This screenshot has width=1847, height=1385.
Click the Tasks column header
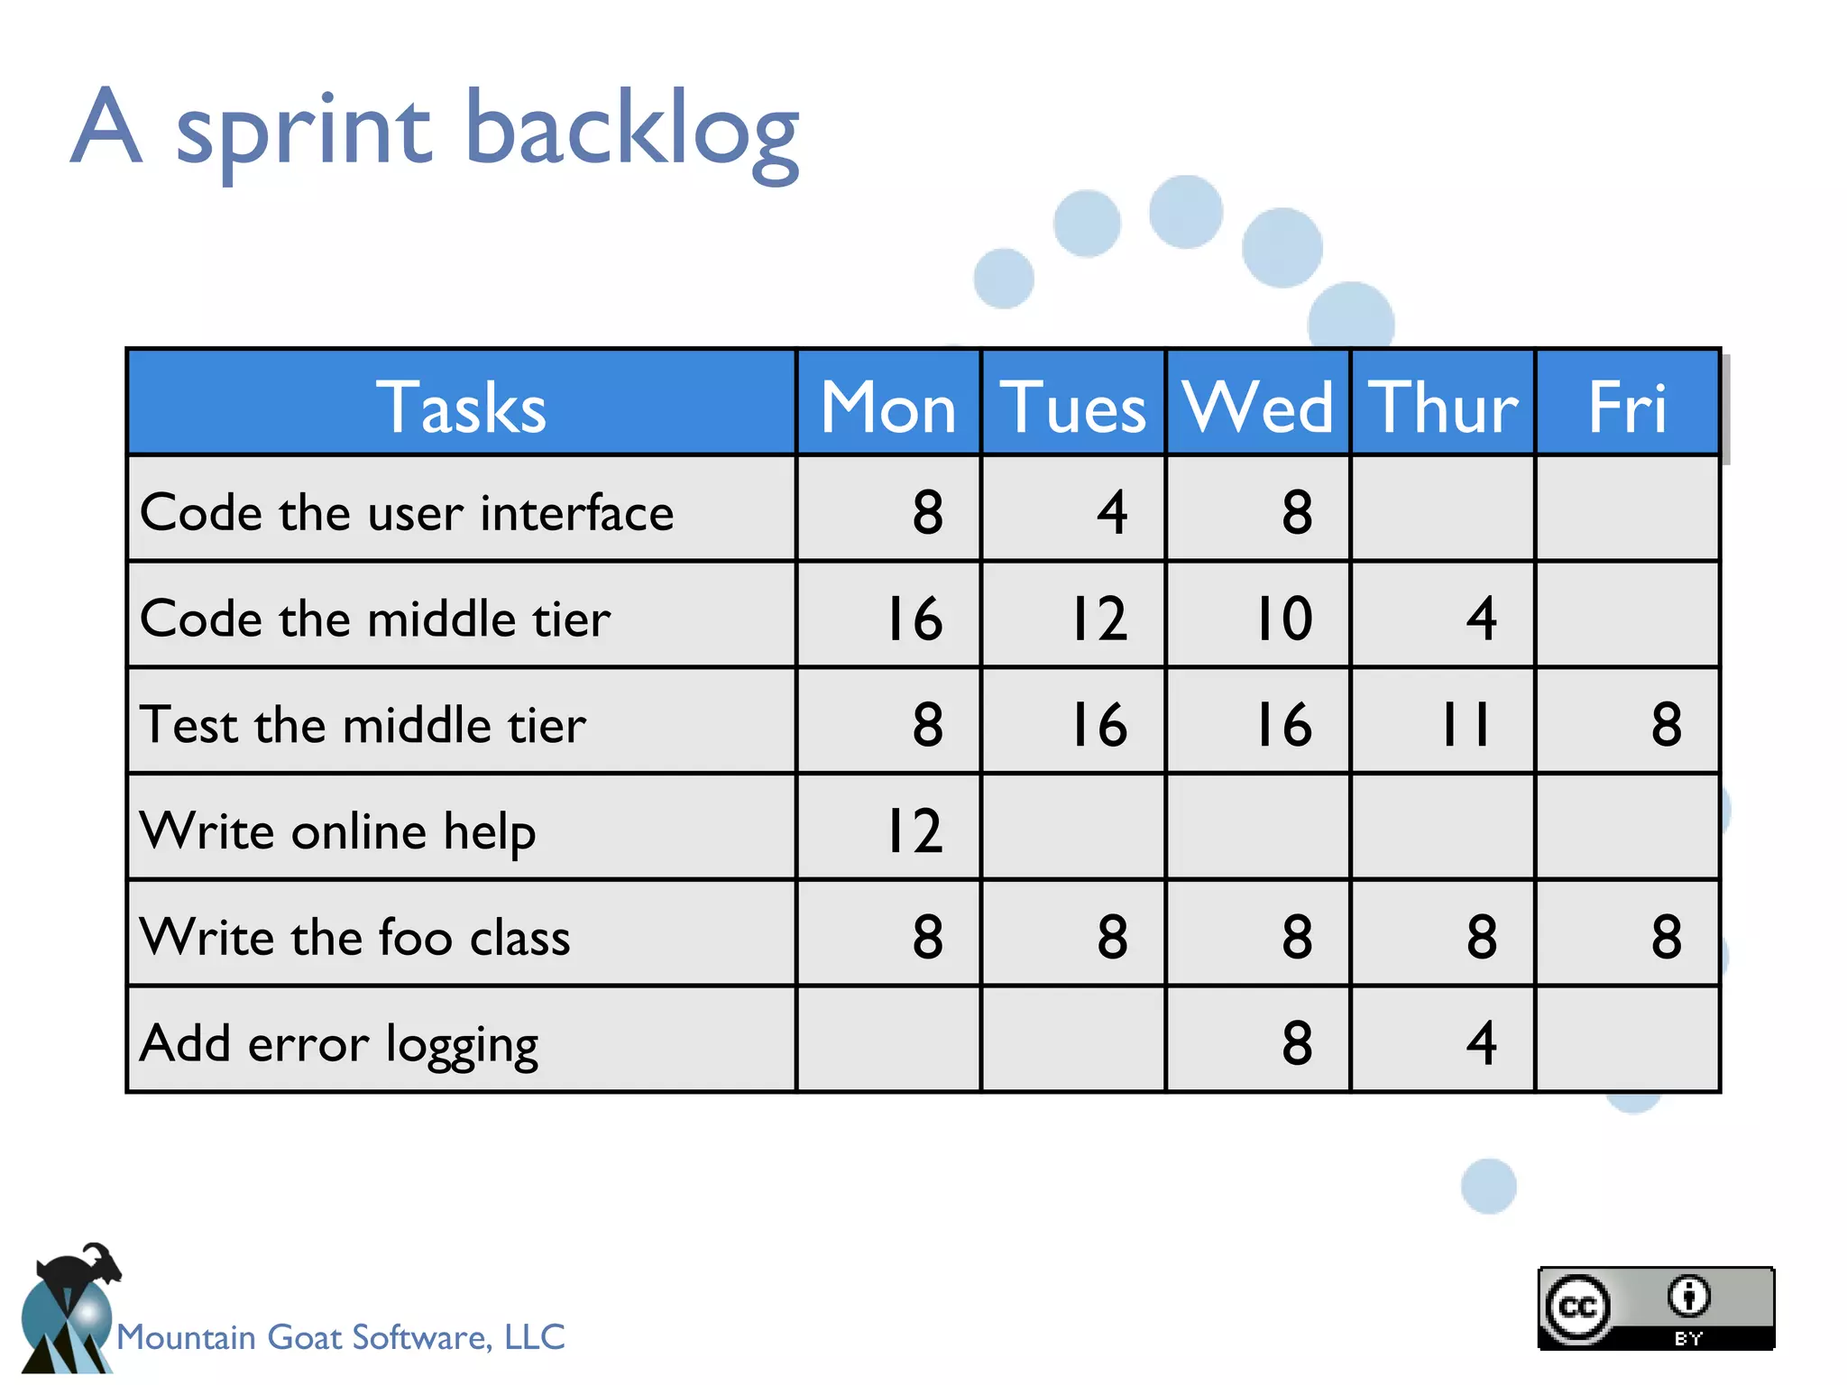(x=461, y=407)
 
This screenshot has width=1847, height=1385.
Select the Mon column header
(x=888, y=407)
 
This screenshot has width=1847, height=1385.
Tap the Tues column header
(x=1072, y=407)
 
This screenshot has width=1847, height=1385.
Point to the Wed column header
(x=1257, y=407)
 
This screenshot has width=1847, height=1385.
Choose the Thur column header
(x=1442, y=407)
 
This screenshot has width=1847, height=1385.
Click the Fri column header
(x=1627, y=407)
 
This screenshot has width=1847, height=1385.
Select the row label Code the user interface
(x=407, y=512)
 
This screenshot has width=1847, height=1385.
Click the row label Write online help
(x=338, y=830)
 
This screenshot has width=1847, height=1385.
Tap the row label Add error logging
(x=339, y=1043)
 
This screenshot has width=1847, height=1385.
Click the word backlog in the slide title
(x=631, y=131)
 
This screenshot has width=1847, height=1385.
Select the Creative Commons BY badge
(x=1656, y=1307)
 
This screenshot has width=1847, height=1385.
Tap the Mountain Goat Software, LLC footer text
(x=341, y=1336)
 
